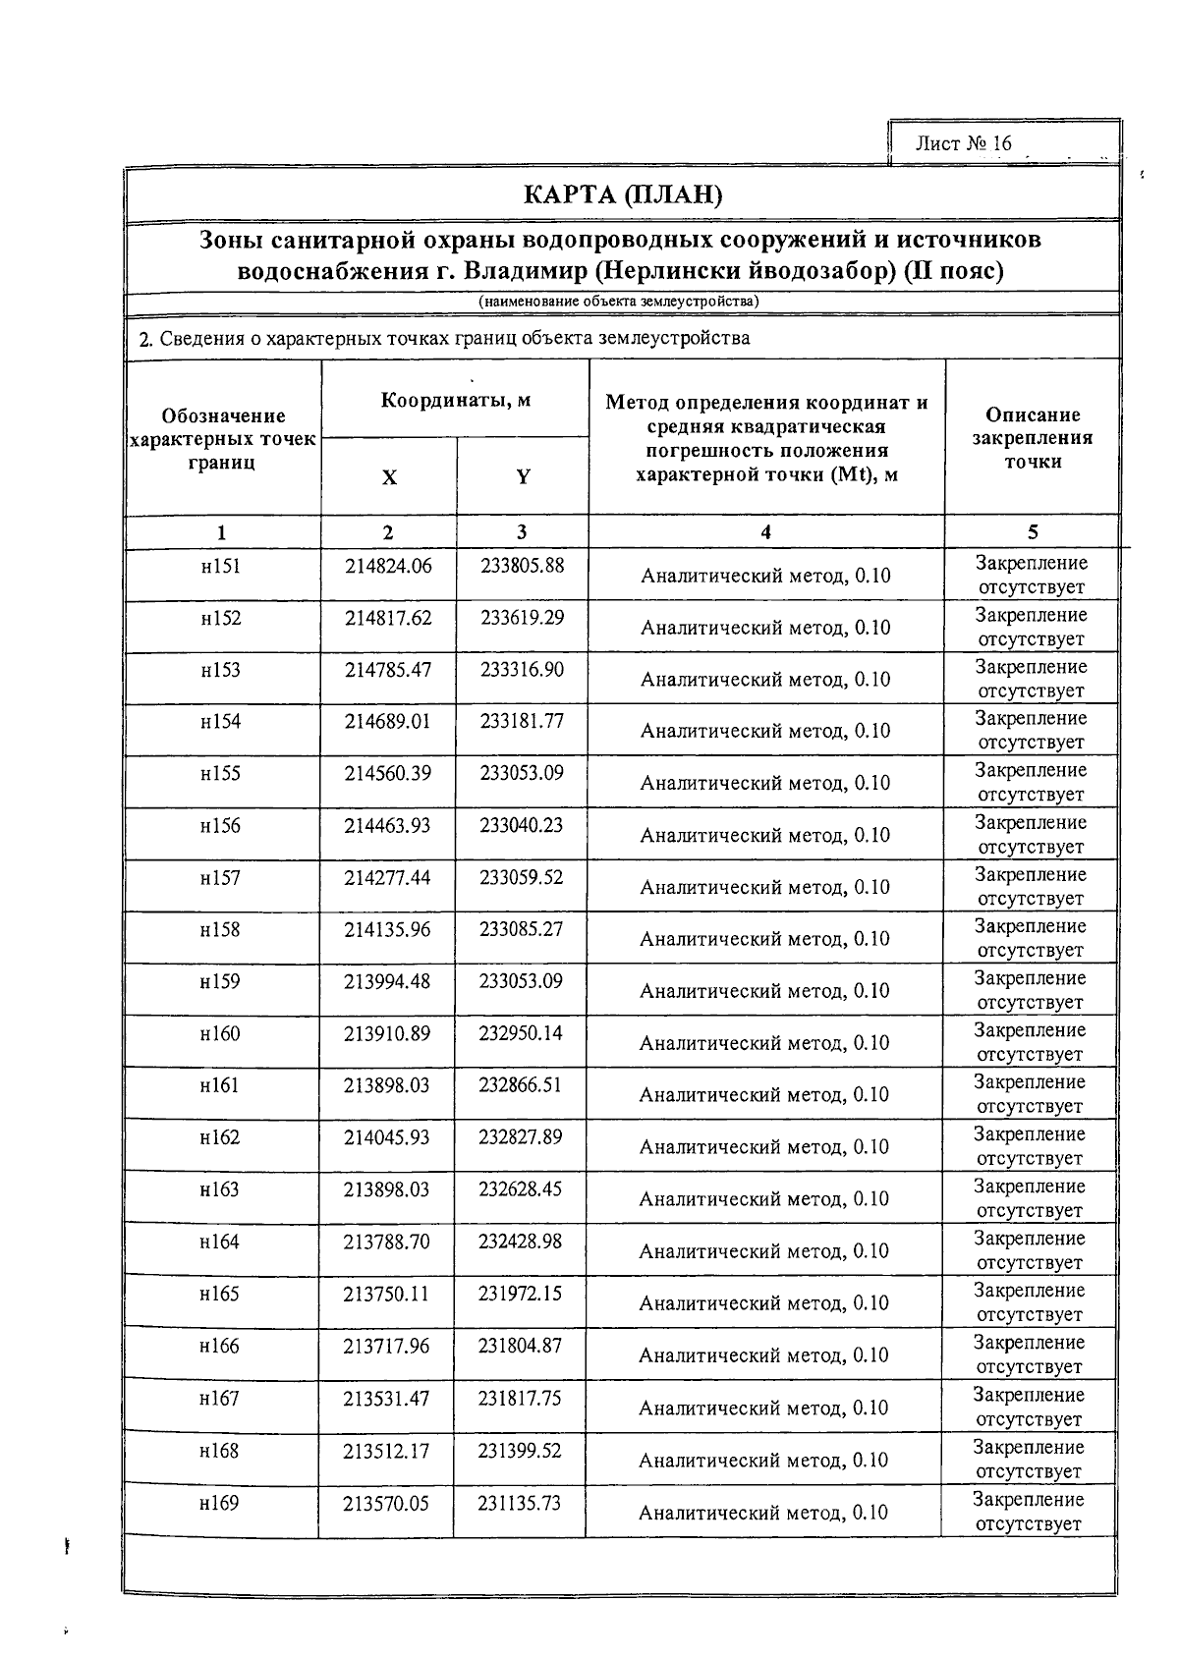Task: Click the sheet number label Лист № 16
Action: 962,143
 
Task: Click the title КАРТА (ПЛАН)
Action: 623,195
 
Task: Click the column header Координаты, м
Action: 455,400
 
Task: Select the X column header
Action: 389,478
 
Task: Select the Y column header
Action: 523,477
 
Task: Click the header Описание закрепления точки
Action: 1032,438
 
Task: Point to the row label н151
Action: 221,566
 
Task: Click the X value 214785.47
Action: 388,669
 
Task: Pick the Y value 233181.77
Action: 522,721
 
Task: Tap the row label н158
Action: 220,929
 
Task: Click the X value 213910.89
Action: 387,1033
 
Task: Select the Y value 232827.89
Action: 521,1136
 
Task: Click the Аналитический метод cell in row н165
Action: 764,1303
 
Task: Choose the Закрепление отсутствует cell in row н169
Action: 1029,1512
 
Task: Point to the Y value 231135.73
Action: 520,1503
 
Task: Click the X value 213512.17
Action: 386,1451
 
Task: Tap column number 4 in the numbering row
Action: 765,532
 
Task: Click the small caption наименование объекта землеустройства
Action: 619,303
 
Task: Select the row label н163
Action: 219,1189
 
